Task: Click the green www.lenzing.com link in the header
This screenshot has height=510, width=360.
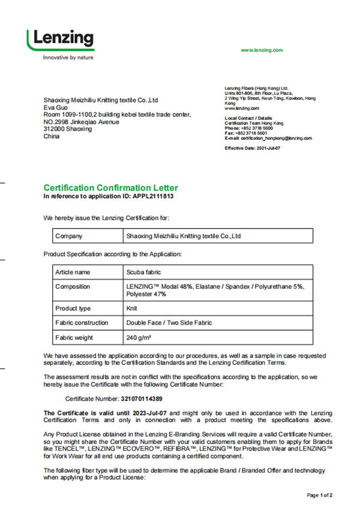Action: [262, 50]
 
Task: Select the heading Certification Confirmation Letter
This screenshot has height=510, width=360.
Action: [110, 188]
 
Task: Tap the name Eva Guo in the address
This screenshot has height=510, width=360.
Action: [56, 107]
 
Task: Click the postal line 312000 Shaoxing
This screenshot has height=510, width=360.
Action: [68, 129]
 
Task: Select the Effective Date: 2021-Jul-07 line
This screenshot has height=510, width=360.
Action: [252, 148]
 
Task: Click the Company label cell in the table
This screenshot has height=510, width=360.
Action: [68, 236]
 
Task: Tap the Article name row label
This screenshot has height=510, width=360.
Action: [73, 272]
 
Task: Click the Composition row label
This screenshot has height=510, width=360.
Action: [73, 287]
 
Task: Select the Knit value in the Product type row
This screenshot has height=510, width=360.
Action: [131, 308]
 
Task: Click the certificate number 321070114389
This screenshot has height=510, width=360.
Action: [142, 398]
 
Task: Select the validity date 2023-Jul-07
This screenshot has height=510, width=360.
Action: [145, 413]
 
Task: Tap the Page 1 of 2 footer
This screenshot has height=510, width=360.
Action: [320, 496]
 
